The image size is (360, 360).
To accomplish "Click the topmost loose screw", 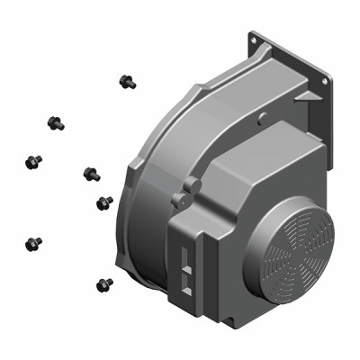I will pos(127,82).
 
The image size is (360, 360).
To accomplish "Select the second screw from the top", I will pos(55,121).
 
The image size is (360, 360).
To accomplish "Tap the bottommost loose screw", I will pos(103,285).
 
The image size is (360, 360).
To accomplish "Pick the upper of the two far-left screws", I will pos(33,162).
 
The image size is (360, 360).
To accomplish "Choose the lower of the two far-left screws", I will pos(33,243).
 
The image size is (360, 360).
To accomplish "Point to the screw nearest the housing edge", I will pos(104,202).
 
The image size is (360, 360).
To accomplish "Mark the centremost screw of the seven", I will pos(91,173).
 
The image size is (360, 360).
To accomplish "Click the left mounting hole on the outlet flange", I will pos(255,40).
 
